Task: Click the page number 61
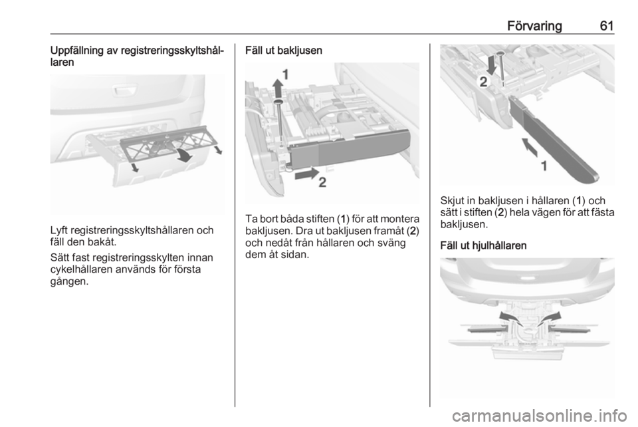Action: point(607,26)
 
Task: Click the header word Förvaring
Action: point(534,26)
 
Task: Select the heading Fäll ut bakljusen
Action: point(284,51)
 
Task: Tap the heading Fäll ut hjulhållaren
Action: point(483,245)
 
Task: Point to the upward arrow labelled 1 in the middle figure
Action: point(278,88)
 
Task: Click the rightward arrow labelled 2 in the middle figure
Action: point(307,174)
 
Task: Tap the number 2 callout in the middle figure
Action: point(322,183)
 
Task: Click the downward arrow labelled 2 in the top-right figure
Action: point(492,65)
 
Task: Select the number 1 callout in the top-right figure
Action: point(544,166)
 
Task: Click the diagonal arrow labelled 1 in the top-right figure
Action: point(530,147)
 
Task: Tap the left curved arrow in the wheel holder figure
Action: point(509,319)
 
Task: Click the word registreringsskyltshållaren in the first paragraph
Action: point(131,230)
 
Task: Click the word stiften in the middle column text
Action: point(320,219)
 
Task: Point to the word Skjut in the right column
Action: point(453,201)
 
